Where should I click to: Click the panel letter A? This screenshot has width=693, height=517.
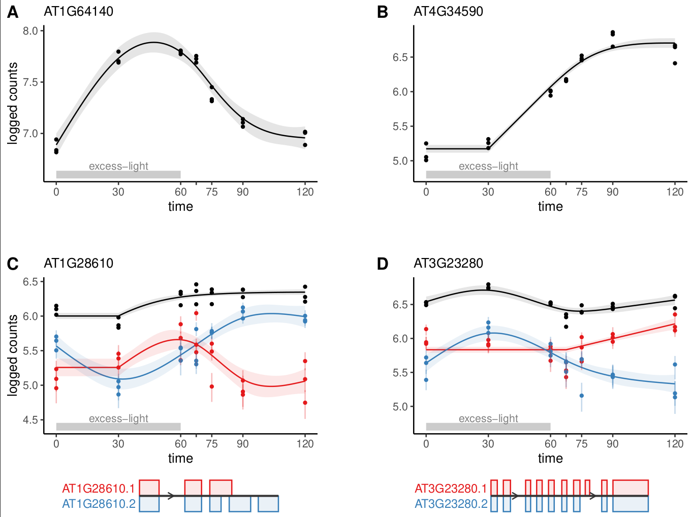point(13,12)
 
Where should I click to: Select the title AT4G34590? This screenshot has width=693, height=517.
point(448,12)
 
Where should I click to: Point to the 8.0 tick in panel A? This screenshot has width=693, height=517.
point(30,31)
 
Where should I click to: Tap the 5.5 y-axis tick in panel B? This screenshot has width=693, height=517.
point(400,126)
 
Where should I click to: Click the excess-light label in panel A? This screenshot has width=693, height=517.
point(118,166)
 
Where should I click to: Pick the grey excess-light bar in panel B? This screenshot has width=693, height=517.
point(488,175)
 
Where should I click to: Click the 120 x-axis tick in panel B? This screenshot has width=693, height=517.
point(675,192)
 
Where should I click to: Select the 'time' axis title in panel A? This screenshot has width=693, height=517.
point(180,207)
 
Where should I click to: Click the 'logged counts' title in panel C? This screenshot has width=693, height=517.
point(13,355)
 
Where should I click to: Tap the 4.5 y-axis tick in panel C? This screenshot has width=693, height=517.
point(30,420)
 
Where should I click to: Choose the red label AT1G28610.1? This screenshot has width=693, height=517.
point(99,489)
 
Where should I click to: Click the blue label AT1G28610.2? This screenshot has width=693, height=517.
point(99,504)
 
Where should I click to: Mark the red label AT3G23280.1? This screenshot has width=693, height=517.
point(451,489)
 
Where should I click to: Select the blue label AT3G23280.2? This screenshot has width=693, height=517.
point(451,504)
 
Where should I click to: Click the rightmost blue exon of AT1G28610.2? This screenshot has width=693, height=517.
point(268,504)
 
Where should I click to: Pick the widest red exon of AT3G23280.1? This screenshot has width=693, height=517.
point(631,488)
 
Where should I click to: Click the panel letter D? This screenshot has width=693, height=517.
point(383,264)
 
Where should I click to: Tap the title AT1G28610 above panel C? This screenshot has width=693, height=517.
point(79,264)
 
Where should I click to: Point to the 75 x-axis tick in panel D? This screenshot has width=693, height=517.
point(581,444)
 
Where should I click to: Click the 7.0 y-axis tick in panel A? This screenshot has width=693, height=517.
point(30,134)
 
